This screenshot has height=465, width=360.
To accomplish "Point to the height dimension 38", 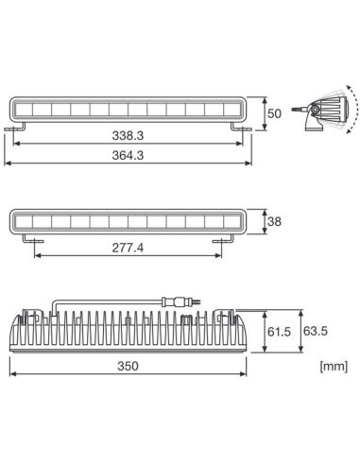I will (x=275, y=223).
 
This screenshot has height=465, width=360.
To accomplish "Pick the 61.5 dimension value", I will (x=277, y=333).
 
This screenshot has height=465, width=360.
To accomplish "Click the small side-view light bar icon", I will (x=311, y=111).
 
